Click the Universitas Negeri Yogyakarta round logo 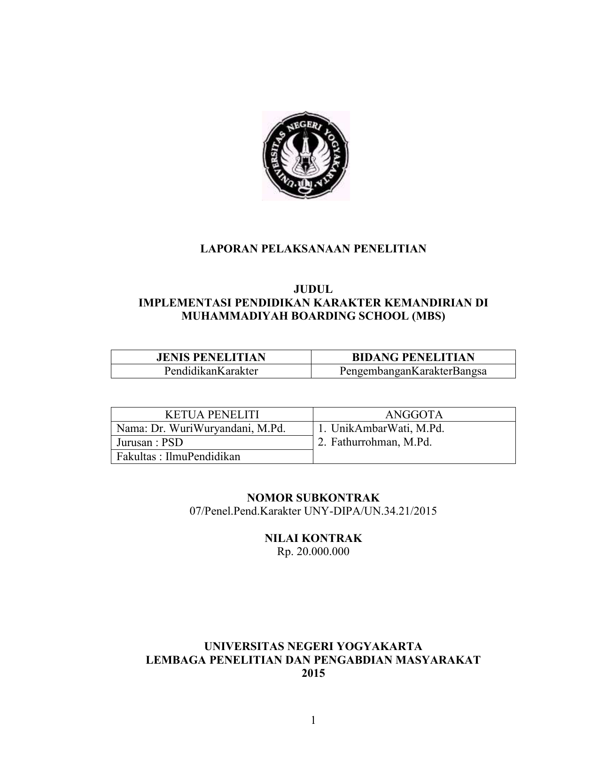306,156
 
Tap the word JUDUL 313,290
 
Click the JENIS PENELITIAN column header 211,357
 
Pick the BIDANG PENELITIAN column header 413,357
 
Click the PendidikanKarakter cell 211,371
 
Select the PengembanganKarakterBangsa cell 413,371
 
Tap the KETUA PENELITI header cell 212,415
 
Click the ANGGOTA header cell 414,415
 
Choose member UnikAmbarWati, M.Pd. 387,429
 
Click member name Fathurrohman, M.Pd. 381,442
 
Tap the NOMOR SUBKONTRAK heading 313,498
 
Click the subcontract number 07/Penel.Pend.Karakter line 313,511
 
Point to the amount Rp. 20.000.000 313,551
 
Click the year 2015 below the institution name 313,673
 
